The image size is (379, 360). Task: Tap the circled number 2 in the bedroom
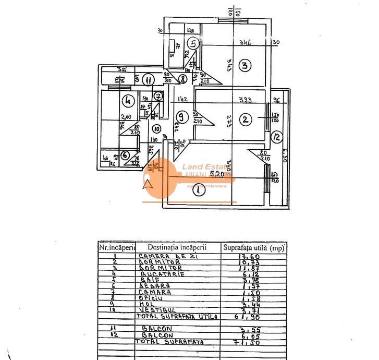pos(244,119)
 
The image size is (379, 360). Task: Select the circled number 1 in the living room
pos(198,190)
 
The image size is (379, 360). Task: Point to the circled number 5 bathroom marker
pos(193,44)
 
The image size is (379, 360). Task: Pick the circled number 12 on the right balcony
pos(277,138)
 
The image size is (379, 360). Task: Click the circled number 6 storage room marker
pos(125,155)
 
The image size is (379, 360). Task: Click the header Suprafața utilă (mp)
pos(253,247)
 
